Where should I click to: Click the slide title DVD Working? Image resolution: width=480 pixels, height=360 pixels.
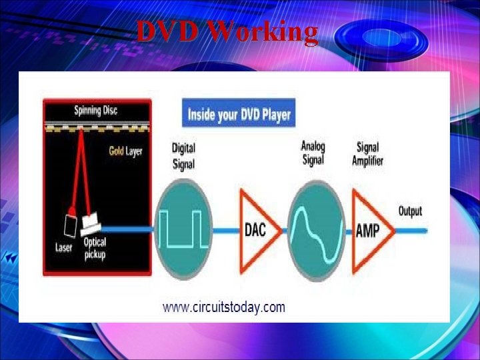(227, 31)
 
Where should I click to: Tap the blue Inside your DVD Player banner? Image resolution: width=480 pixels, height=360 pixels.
(239, 114)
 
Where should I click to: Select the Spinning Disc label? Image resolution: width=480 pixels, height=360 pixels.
(95, 110)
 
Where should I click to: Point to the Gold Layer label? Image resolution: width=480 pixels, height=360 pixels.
(125, 151)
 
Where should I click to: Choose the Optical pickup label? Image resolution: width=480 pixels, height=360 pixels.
(95, 249)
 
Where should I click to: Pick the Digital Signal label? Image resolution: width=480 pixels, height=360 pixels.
(183, 155)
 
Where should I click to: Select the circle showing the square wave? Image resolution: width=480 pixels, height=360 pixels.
(183, 228)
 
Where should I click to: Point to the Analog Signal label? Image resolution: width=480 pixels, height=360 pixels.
(313, 152)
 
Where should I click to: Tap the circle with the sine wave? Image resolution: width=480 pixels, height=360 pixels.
(317, 229)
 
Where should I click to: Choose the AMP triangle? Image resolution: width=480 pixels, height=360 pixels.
(369, 230)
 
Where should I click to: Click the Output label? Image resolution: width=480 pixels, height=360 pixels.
(410, 211)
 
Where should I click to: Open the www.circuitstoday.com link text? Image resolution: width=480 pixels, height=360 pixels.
(224, 307)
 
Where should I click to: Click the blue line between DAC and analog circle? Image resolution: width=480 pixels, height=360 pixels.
(282, 230)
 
